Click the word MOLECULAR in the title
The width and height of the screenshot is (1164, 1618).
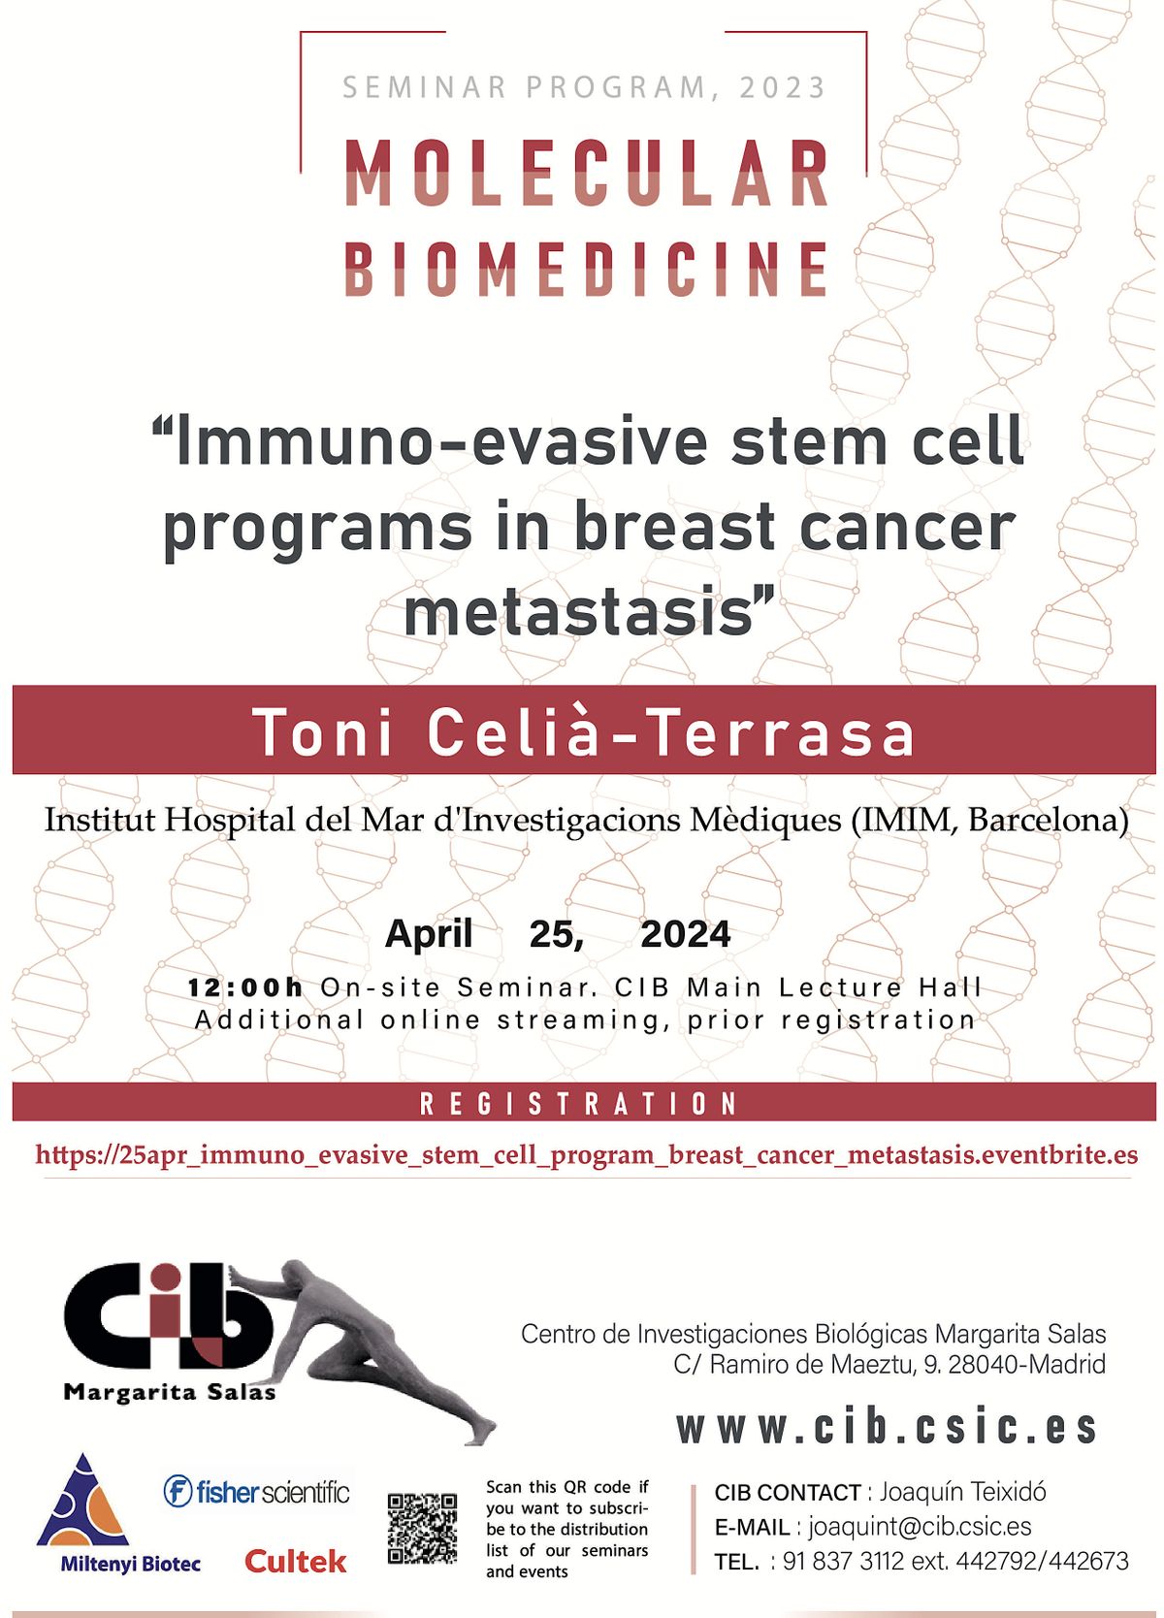(586, 173)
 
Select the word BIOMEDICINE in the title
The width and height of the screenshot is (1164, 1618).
(586, 268)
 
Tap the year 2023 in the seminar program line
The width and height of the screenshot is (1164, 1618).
(783, 88)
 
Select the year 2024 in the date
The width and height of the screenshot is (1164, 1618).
(685, 934)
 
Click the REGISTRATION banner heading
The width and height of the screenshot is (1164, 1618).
(578, 1104)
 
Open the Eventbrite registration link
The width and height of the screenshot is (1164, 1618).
(586, 1155)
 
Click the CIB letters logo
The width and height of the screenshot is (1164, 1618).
(168, 1316)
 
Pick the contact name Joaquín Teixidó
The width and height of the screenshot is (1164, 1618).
(962, 1492)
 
